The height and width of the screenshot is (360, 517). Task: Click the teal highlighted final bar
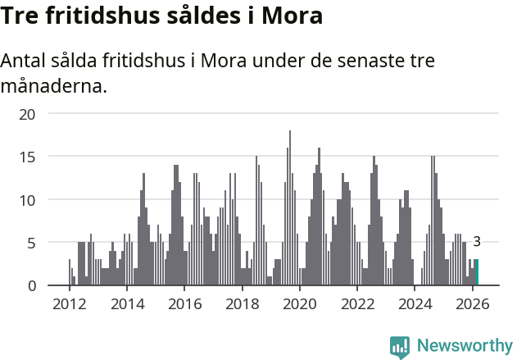click(x=477, y=272)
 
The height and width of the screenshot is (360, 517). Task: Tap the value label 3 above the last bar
click(x=477, y=241)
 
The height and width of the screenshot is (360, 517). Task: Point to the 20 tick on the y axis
click(x=28, y=113)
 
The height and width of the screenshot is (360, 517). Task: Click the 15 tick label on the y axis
click(x=28, y=157)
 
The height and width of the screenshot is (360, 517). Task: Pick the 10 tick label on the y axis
click(x=28, y=199)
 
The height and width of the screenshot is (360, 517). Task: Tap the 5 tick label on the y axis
click(x=31, y=243)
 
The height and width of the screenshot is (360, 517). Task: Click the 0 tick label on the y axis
click(x=31, y=285)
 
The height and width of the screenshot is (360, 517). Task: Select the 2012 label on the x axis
click(x=69, y=304)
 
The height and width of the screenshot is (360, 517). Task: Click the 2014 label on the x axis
click(x=127, y=304)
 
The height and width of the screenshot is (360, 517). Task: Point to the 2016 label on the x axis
click(x=184, y=304)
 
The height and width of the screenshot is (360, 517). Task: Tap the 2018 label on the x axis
click(x=242, y=304)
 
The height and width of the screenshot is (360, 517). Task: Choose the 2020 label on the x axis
click(x=300, y=304)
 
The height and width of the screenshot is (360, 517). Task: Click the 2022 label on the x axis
click(x=357, y=304)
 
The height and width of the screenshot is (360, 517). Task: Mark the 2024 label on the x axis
click(x=415, y=304)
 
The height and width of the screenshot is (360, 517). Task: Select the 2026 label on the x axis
click(x=473, y=304)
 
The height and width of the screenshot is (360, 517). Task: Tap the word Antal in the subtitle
click(x=26, y=62)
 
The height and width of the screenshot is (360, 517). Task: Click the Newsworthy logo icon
click(x=400, y=346)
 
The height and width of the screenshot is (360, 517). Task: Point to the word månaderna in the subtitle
click(x=54, y=85)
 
